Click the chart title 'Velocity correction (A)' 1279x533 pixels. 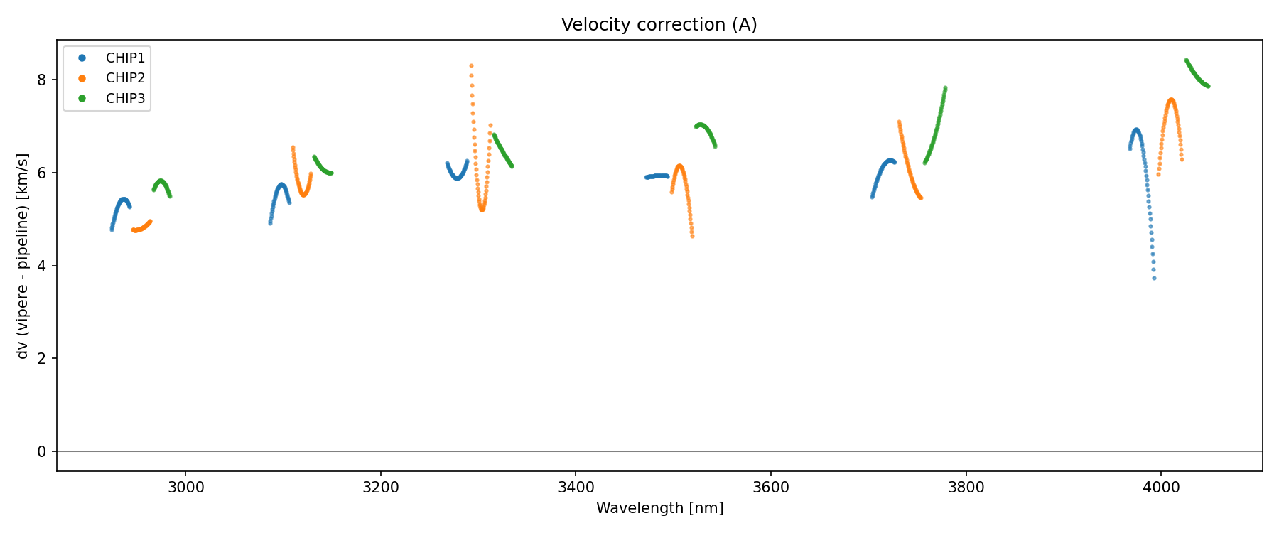[659, 25]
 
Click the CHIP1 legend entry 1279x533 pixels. [125, 58]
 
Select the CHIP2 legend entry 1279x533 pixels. [125, 78]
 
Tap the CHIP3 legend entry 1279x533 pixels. [125, 99]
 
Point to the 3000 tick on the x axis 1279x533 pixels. [185, 488]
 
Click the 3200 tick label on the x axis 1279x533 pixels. [381, 488]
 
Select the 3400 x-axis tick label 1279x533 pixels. [576, 488]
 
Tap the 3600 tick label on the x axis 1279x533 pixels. [771, 488]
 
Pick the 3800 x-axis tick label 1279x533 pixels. [966, 488]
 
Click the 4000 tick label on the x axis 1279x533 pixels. [1161, 488]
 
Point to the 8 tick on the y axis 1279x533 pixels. [42, 80]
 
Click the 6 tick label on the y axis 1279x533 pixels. [42, 173]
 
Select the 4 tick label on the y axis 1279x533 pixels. [42, 266]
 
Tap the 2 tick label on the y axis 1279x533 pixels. [42, 358]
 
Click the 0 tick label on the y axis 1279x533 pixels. [42, 451]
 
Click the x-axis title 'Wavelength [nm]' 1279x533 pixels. [659, 508]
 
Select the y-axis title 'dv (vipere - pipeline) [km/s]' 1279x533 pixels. [23, 256]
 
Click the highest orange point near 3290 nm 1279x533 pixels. [471, 66]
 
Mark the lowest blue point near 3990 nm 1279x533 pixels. [1154, 278]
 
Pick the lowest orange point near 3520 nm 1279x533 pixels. [692, 236]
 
